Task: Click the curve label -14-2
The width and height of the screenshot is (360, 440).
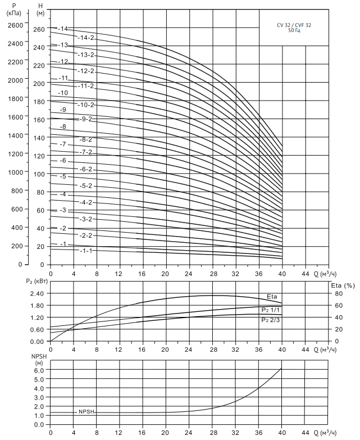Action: (86, 38)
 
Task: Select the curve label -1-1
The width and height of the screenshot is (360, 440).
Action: (86, 251)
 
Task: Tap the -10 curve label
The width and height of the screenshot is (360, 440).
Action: (63, 93)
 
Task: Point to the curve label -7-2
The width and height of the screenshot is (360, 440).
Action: (86, 152)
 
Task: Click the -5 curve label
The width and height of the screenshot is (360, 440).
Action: (63, 177)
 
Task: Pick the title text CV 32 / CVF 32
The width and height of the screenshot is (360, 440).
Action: (294, 25)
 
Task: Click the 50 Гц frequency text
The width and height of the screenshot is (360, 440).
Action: (294, 30)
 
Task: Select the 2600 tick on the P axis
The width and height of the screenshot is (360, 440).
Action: (15, 25)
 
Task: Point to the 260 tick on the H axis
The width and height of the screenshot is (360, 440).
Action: (38, 30)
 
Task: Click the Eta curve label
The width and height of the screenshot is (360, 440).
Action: (272, 297)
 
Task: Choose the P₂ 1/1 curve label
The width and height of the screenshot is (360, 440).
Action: (270, 310)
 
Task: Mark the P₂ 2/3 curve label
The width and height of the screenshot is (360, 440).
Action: (270, 320)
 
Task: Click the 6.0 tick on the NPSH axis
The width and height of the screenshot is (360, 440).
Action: (39, 370)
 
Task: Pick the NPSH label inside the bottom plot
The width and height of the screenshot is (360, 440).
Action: (86, 411)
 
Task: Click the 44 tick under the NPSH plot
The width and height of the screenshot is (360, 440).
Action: (305, 433)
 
